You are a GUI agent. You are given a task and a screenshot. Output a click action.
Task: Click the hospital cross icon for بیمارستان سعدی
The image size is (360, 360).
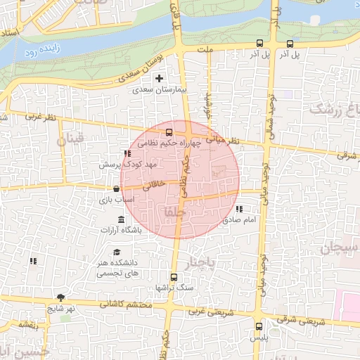[x=159, y=78]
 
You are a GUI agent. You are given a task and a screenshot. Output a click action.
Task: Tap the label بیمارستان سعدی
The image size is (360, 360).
[x=160, y=90]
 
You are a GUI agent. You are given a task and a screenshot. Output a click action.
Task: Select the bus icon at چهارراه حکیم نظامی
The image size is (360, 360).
[x=169, y=132]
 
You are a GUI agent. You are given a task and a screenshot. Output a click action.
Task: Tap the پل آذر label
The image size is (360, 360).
[x=287, y=54]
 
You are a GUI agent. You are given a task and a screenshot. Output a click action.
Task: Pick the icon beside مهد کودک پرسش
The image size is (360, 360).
[x=127, y=153]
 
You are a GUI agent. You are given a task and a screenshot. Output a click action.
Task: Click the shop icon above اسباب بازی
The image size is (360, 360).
[x=116, y=188]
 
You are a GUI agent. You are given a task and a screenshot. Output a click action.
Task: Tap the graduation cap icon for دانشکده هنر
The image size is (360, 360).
[x=116, y=252]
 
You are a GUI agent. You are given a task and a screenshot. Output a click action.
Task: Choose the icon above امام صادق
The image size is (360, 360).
[x=240, y=209]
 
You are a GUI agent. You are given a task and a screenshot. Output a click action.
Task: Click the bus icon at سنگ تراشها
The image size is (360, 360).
[x=174, y=276]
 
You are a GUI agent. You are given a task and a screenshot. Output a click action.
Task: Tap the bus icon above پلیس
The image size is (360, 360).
[x=259, y=326]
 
